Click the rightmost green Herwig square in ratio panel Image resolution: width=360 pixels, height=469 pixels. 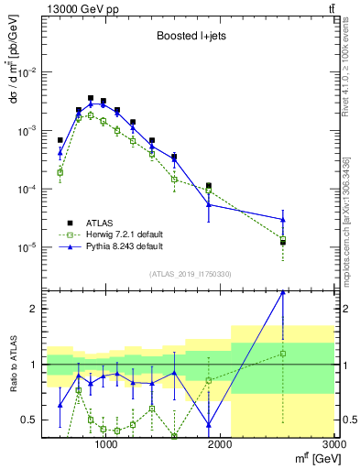(283, 353)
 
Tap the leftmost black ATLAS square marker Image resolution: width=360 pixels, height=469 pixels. (60, 140)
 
